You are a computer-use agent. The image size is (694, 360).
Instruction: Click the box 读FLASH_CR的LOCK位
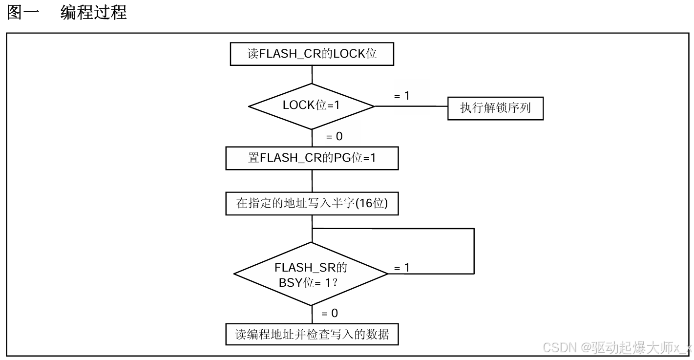tap(312, 54)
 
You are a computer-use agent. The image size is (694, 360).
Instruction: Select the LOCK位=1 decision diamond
tap(311, 106)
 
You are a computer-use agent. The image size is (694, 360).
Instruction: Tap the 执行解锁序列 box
tap(495, 108)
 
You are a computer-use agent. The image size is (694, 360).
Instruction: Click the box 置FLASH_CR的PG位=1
tap(312, 158)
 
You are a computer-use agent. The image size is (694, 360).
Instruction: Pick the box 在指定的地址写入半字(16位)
tap(312, 204)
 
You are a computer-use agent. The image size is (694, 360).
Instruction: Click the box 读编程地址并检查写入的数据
tap(312, 335)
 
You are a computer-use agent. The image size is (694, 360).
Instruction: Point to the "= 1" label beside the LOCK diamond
tap(401, 96)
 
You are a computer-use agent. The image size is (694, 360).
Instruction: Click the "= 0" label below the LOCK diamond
tap(334, 137)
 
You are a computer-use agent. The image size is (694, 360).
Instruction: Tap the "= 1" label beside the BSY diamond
tap(401, 268)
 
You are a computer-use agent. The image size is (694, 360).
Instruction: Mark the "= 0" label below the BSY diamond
tap(330, 313)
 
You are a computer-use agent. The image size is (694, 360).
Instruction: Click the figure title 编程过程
tap(93, 13)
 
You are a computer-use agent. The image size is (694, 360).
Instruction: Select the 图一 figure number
tap(22, 13)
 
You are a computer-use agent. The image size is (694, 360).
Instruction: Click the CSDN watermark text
tap(617, 348)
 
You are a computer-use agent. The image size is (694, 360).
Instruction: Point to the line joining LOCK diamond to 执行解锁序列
tap(411, 106)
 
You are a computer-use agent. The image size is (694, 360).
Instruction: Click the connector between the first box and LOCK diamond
tap(312, 74)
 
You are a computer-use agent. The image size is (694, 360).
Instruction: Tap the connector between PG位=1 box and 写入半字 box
tap(312, 181)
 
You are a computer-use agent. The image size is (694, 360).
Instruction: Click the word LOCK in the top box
tap(349, 54)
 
